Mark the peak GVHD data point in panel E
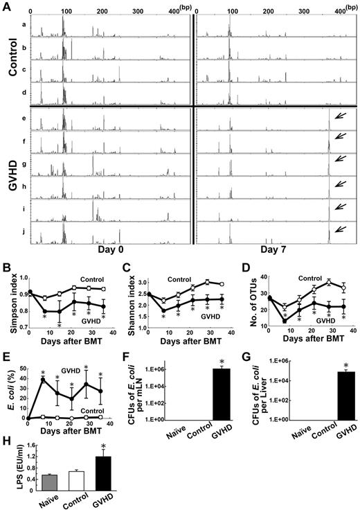pos(43,379)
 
